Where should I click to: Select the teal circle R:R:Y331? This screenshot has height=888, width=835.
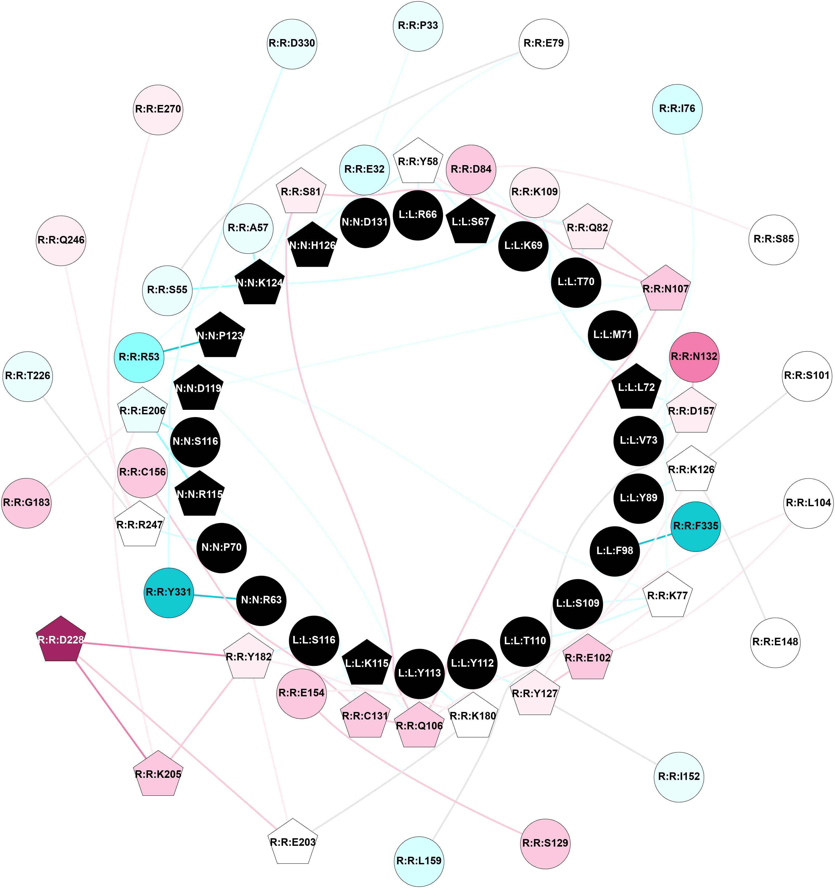169,592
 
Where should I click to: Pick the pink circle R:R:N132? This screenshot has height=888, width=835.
694,357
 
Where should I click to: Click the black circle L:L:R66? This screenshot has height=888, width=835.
418,215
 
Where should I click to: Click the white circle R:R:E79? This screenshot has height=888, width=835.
544,43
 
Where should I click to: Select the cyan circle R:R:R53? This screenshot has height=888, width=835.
139,357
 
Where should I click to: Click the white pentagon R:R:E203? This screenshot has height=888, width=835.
293,842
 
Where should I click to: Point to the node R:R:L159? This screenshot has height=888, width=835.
419,861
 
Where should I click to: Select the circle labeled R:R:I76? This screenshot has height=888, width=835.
677,109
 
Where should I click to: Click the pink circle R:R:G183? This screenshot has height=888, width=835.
26,503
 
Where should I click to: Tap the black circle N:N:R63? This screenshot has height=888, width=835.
261,600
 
